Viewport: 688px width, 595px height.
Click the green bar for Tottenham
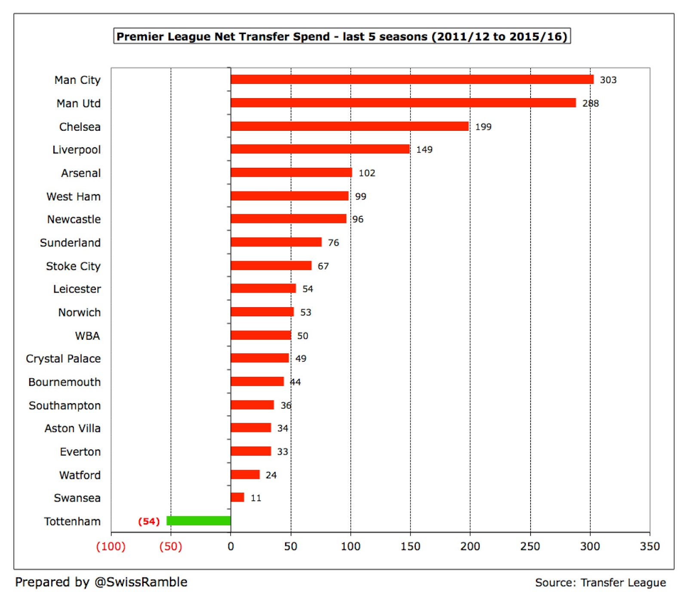199,521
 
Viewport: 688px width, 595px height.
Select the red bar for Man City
412,79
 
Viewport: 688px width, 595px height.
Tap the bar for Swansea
237,497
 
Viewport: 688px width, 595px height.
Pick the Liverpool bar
320,149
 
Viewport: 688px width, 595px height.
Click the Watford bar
245,474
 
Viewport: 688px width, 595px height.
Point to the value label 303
608,80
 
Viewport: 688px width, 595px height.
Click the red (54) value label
149,521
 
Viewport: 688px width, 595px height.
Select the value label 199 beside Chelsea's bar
483,127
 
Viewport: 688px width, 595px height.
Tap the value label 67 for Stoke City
323,266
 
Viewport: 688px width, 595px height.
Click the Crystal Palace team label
63,359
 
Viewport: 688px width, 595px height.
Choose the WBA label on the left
87,336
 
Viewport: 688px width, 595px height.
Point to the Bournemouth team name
64,382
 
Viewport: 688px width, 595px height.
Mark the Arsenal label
81,173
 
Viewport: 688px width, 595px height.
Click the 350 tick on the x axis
650,546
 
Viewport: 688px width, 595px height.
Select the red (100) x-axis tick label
111,546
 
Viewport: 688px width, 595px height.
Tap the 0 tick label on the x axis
231,546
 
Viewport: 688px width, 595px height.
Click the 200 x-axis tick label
470,546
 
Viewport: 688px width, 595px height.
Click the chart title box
342,36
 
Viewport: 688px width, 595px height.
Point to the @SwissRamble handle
141,582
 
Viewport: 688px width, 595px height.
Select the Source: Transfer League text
600,583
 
